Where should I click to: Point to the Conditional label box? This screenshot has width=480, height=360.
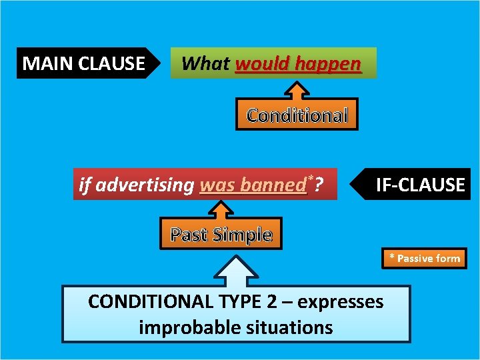297,115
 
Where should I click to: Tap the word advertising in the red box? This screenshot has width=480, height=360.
145,185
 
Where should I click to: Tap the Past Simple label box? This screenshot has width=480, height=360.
221,234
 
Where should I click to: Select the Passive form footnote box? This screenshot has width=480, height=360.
425,258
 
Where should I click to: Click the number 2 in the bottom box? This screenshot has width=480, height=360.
271,302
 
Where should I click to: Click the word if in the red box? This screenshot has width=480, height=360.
85,185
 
